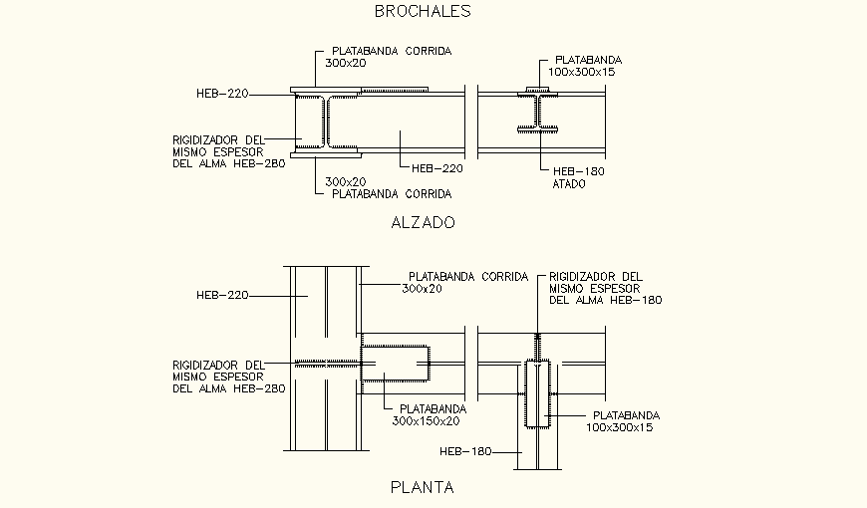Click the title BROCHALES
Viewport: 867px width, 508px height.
tap(422, 12)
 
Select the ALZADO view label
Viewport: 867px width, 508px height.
tap(423, 223)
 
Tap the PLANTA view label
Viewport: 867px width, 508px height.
tap(422, 488)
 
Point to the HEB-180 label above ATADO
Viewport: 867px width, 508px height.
tap(578, 171)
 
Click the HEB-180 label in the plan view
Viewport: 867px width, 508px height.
tap(465, 452)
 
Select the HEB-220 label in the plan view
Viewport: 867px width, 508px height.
tap(221, 295)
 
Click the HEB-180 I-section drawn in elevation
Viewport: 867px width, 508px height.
tap(537, 111)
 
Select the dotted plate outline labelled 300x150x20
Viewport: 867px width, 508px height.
tap(395, 364)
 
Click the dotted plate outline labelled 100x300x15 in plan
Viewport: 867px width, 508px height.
tap(537, 394)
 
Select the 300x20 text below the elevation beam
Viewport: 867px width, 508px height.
tap(346, 181)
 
